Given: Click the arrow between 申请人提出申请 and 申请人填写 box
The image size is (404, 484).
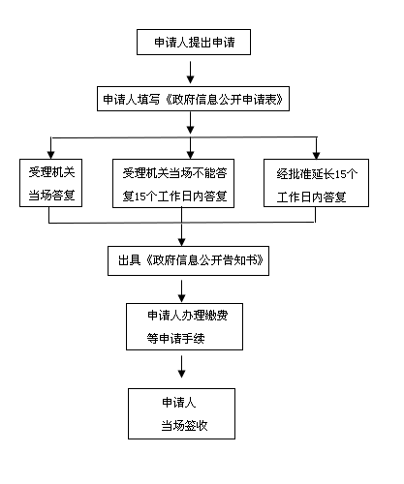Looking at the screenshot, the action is pos(191,73).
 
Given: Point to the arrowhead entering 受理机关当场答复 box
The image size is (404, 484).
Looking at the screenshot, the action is pos(50,155).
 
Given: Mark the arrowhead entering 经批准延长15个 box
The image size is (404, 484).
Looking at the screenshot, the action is pos(317,155).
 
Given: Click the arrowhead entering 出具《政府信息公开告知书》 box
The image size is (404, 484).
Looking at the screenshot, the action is pos(182,242).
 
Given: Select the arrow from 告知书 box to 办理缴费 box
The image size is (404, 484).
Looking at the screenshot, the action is pos(182,291).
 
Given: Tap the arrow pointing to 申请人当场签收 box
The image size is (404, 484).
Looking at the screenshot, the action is pos(182,367).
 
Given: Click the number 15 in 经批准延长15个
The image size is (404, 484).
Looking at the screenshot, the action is pos(340,174).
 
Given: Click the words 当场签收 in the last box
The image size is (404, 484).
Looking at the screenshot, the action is pos(184,426).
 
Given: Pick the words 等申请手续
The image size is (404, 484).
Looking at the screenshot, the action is pos(176,339).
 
